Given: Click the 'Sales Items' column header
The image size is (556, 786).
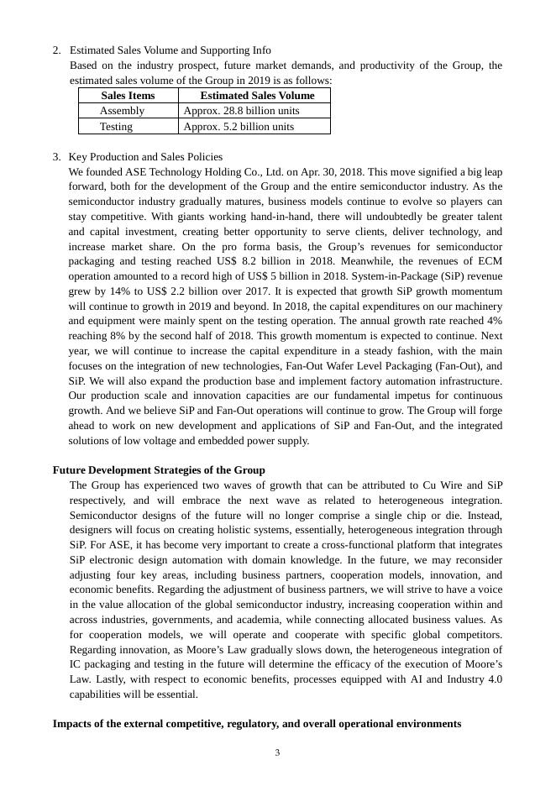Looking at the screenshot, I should pos(128,96).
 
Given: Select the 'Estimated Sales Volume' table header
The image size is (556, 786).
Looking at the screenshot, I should pos(257,96).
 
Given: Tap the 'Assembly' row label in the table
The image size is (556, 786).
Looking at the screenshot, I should pos(122,111).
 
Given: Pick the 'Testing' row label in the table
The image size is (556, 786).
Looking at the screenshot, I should pos(116,127).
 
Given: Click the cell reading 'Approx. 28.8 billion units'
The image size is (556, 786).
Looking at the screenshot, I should pos(241,111).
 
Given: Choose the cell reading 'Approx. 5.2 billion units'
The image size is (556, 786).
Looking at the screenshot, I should pos(239,127).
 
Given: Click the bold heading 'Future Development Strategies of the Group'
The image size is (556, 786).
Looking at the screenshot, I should pos(159,470).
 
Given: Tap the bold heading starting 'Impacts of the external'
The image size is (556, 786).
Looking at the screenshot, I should pos(256,724).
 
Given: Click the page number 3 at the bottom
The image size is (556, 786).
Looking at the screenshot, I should pos(277,752).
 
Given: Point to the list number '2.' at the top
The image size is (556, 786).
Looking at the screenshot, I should pos(57,50).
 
